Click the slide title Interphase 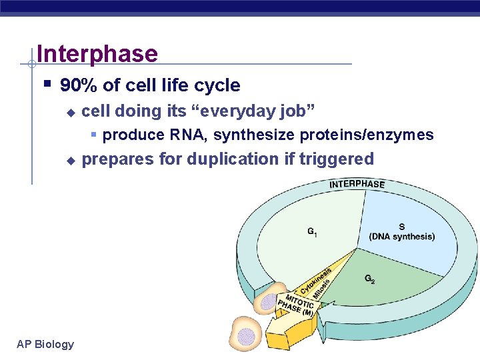(x=97, y=53)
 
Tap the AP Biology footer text (x=45, y=344)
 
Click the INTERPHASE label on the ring (x=357, y=184)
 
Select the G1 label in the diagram (x=312, y=232)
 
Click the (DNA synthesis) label (x=401, y=237)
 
